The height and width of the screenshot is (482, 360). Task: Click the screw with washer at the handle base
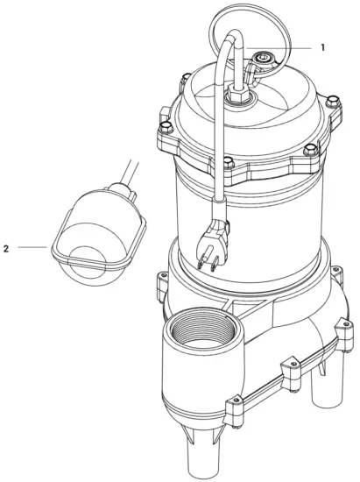(x=260, y=60)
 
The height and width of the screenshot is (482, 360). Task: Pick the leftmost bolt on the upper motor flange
(x=165, y=113)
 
